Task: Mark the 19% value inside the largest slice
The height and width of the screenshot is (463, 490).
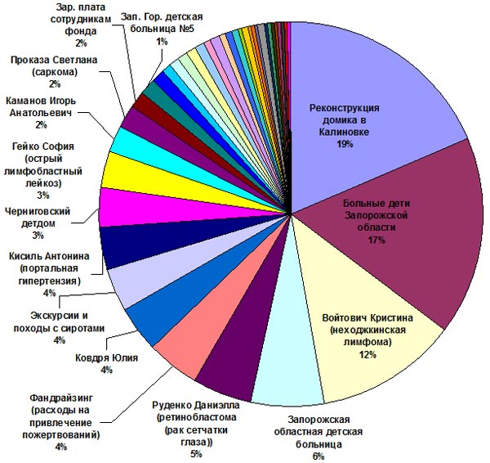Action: pos(344,144)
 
